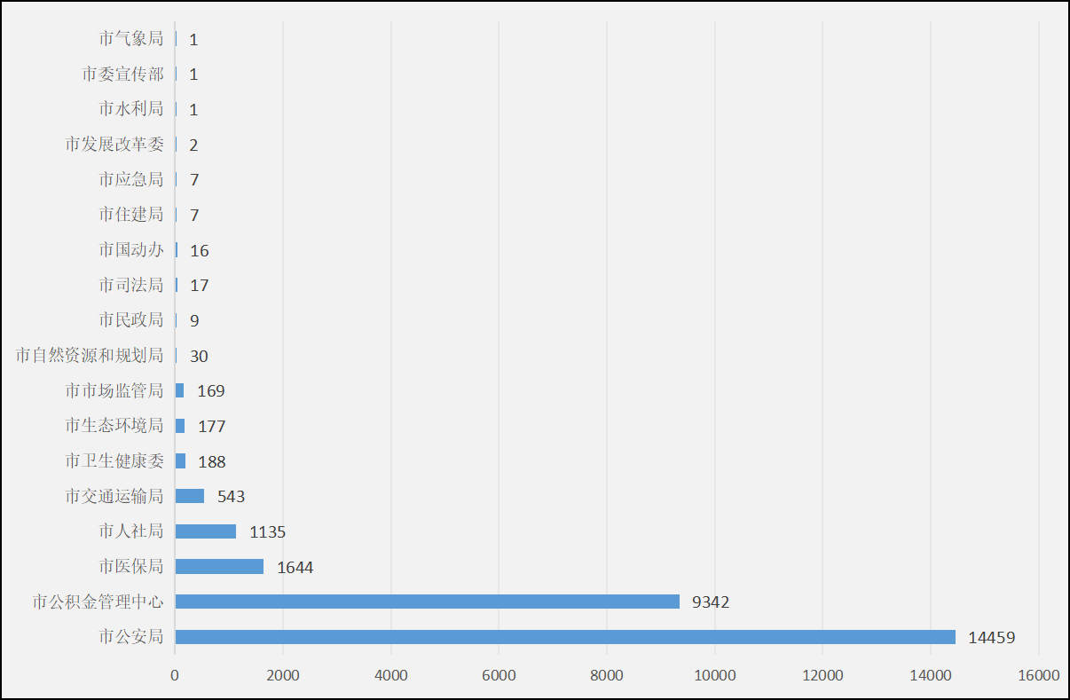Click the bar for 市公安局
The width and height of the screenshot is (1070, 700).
click(565, 637)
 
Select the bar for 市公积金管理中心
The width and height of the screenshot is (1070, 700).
click(427, 602)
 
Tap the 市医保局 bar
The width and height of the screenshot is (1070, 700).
click(219, 566)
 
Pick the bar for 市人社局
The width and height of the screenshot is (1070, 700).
click(205, 531)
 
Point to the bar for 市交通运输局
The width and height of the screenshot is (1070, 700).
click(190, 496)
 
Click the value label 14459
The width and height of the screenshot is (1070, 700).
click(991, 637)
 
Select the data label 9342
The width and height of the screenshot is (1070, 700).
click(711, 602)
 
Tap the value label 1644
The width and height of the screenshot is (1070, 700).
click(295, 567)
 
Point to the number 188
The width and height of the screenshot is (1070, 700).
click(212, 461)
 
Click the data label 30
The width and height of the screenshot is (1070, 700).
click(199, 356)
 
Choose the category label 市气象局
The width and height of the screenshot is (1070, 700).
click(131, 39)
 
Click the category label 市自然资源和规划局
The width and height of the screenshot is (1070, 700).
click(90, 356)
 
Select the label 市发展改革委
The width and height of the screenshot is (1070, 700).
click(114, 145)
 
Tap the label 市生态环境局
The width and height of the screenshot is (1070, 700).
click(114, 426)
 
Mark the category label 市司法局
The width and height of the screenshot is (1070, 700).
click(131, 285)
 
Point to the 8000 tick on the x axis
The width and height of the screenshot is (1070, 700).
click(607, 675)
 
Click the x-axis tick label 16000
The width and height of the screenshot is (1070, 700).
click(1039, 675)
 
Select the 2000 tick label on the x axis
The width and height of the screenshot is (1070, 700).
click(283, 675)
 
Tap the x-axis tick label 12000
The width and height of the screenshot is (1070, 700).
click(822, 675)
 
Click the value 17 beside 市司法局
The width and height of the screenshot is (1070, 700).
click(200, 286)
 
